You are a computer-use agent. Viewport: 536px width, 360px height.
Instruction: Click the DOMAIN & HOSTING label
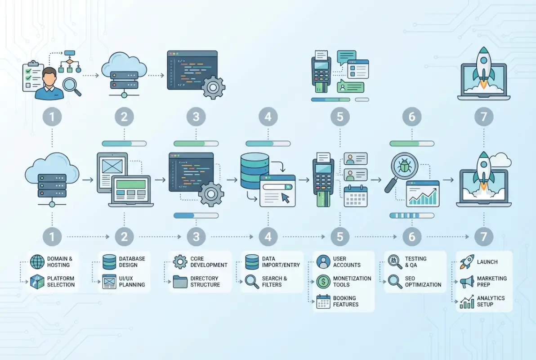(x=59, y=262)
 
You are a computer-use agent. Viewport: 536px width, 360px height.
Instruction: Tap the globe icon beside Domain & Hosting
(x=38, y=262)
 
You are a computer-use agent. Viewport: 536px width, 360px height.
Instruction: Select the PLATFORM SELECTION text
(x=61, y=282)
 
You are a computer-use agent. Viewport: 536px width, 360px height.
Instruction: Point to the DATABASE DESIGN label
(x=132, y=262)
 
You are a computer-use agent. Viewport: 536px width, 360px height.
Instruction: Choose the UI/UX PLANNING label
(x=132, y=282)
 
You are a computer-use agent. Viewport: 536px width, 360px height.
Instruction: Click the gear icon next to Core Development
(x=180, y=262)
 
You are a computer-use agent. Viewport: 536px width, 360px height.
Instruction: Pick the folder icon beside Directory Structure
(x=180, y=282)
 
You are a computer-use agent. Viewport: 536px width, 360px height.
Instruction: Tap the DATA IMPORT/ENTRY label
(x=281, y=262)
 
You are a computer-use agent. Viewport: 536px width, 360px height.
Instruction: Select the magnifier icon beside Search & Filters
(x=252, y=282)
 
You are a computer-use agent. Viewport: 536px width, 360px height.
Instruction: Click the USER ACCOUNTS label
(x=346, y=262)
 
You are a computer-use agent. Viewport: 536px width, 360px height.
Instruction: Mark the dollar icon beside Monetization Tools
(x=323, y=282)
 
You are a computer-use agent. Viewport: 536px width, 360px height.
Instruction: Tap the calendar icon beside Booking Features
(x=323, y=301)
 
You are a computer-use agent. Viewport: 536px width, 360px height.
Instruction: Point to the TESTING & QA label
(x=415, y=262)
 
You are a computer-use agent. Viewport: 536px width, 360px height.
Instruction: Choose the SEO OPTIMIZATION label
(x=423, y=282)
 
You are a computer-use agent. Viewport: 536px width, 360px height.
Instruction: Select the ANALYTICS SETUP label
(x=491, y=301)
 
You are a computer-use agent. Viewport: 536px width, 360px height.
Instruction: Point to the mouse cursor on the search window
(x=285, y=198)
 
